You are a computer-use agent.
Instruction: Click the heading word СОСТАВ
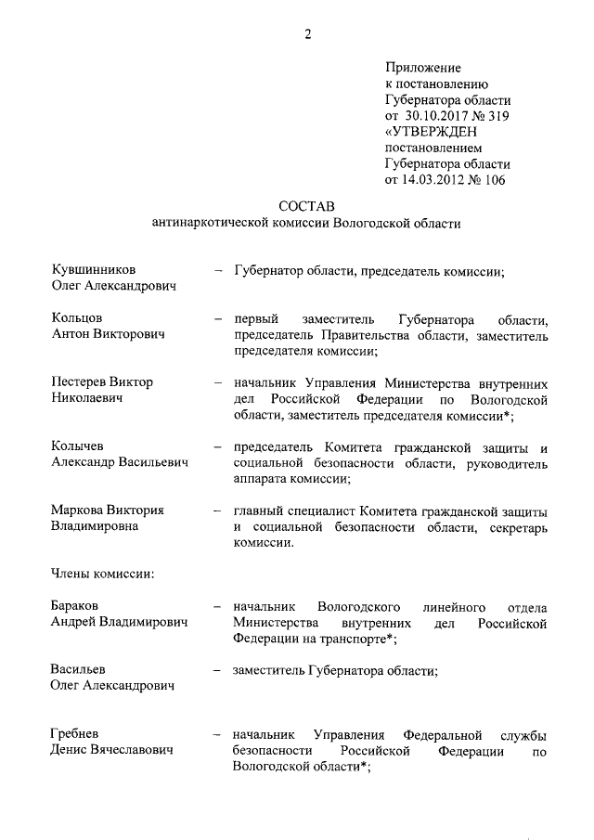click(x=305, y=204)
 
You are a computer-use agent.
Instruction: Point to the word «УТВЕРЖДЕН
click(x=431, y=132)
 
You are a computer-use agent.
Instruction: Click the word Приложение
click(x=422, y=68)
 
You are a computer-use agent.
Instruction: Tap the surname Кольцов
click(x=77, y=318)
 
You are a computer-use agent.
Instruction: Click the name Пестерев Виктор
click(x=102, y=382)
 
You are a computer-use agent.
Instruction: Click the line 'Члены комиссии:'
click(x=101, y=573)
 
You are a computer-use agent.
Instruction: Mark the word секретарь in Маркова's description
click(x=514, y=527)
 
